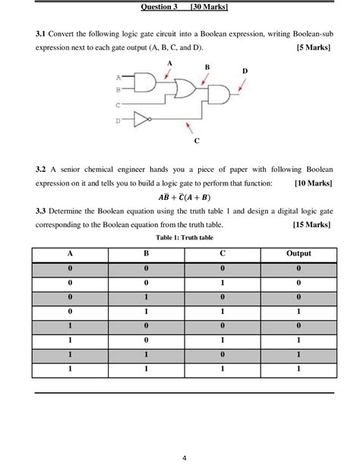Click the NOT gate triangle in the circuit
point(141,119)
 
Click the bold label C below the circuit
point(197,141)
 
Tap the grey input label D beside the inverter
point(118,119)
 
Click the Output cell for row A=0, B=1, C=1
point(298,311)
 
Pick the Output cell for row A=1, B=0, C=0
point(298,325)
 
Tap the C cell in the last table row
point(223,369)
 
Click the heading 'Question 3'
point(159,7)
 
